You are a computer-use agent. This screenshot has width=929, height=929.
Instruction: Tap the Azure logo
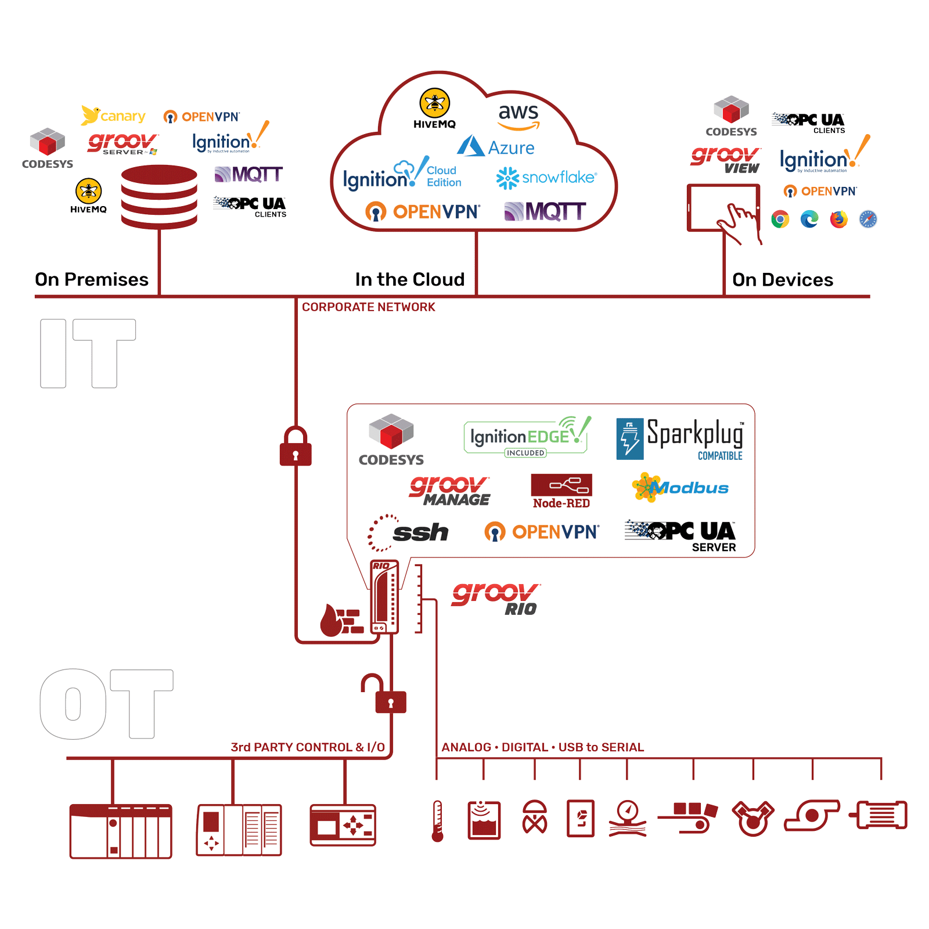(496, 147)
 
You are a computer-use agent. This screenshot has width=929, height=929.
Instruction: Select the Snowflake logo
(546, 178)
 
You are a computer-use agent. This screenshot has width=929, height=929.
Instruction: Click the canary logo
(114, 116)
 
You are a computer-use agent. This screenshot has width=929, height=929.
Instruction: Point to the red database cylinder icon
(159, 196)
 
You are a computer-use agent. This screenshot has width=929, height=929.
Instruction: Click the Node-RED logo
(561, 491)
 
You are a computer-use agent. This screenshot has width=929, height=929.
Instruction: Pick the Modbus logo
(680, 487)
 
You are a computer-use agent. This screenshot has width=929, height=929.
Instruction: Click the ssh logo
(409, 531)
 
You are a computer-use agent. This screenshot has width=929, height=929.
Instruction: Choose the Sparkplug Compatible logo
(680, 439)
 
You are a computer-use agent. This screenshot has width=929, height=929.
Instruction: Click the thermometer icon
(438, 821)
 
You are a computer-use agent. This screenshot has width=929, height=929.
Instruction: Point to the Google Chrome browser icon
(780, 219)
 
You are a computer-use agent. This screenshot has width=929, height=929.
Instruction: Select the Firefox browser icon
(839, 219)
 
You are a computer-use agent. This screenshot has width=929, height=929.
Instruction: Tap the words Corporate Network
(368, 307)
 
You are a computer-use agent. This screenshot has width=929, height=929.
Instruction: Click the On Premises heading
(92, 280)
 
